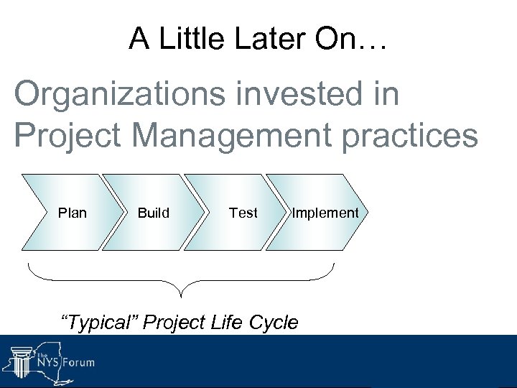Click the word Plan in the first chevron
[72, 213]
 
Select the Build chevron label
[154, 213]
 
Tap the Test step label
[243, 213]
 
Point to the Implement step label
[325, 213]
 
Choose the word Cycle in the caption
[272, 323]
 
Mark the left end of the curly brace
[29, 264]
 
